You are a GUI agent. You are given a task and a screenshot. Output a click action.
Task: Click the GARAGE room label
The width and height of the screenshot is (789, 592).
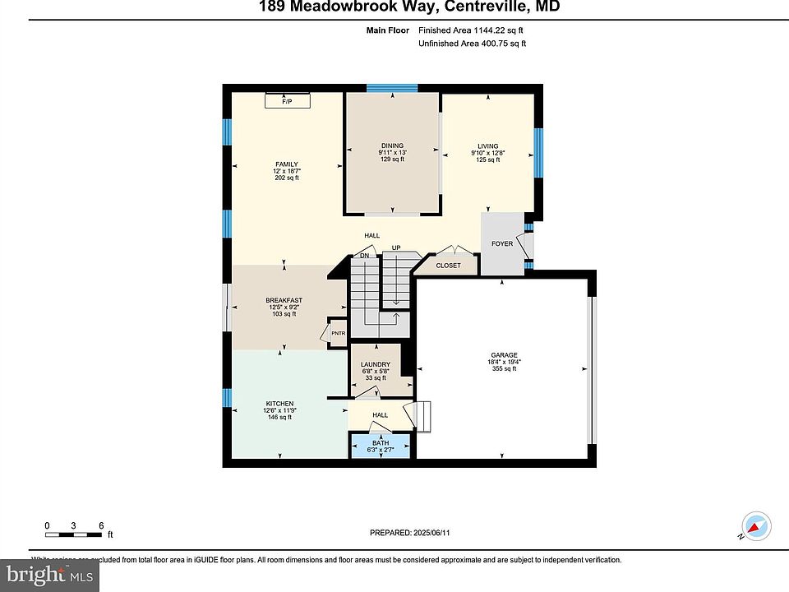504,355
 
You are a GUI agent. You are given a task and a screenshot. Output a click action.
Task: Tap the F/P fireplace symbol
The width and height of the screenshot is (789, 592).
287,100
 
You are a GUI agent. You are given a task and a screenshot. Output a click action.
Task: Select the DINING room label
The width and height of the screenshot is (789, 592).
391,146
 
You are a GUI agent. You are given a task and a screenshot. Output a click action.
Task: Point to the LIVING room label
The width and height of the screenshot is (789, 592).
487,146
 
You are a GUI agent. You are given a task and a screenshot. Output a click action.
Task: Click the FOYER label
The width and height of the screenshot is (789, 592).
501,243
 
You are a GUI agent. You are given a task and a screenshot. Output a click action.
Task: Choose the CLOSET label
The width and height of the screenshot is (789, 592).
448,266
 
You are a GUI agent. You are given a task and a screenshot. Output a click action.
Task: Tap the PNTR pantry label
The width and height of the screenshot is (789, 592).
338,333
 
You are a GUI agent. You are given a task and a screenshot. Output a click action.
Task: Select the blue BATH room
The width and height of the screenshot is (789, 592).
381,446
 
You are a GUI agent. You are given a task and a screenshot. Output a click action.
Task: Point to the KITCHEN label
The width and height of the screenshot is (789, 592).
279,403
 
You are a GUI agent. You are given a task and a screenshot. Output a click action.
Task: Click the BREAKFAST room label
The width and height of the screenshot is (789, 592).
284,300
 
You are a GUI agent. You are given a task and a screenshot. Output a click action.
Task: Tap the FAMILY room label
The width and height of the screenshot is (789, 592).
286,164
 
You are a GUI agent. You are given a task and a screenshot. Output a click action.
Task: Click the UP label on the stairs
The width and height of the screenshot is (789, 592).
395,247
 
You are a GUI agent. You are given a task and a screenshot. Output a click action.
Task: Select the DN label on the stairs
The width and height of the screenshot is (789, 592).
362,256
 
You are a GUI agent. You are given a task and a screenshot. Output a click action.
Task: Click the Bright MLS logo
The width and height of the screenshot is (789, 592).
49,575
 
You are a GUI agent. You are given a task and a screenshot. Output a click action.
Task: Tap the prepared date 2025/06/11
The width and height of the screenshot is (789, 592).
410,533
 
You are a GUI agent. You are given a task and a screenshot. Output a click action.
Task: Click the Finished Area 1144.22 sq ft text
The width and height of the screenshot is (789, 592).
470,30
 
